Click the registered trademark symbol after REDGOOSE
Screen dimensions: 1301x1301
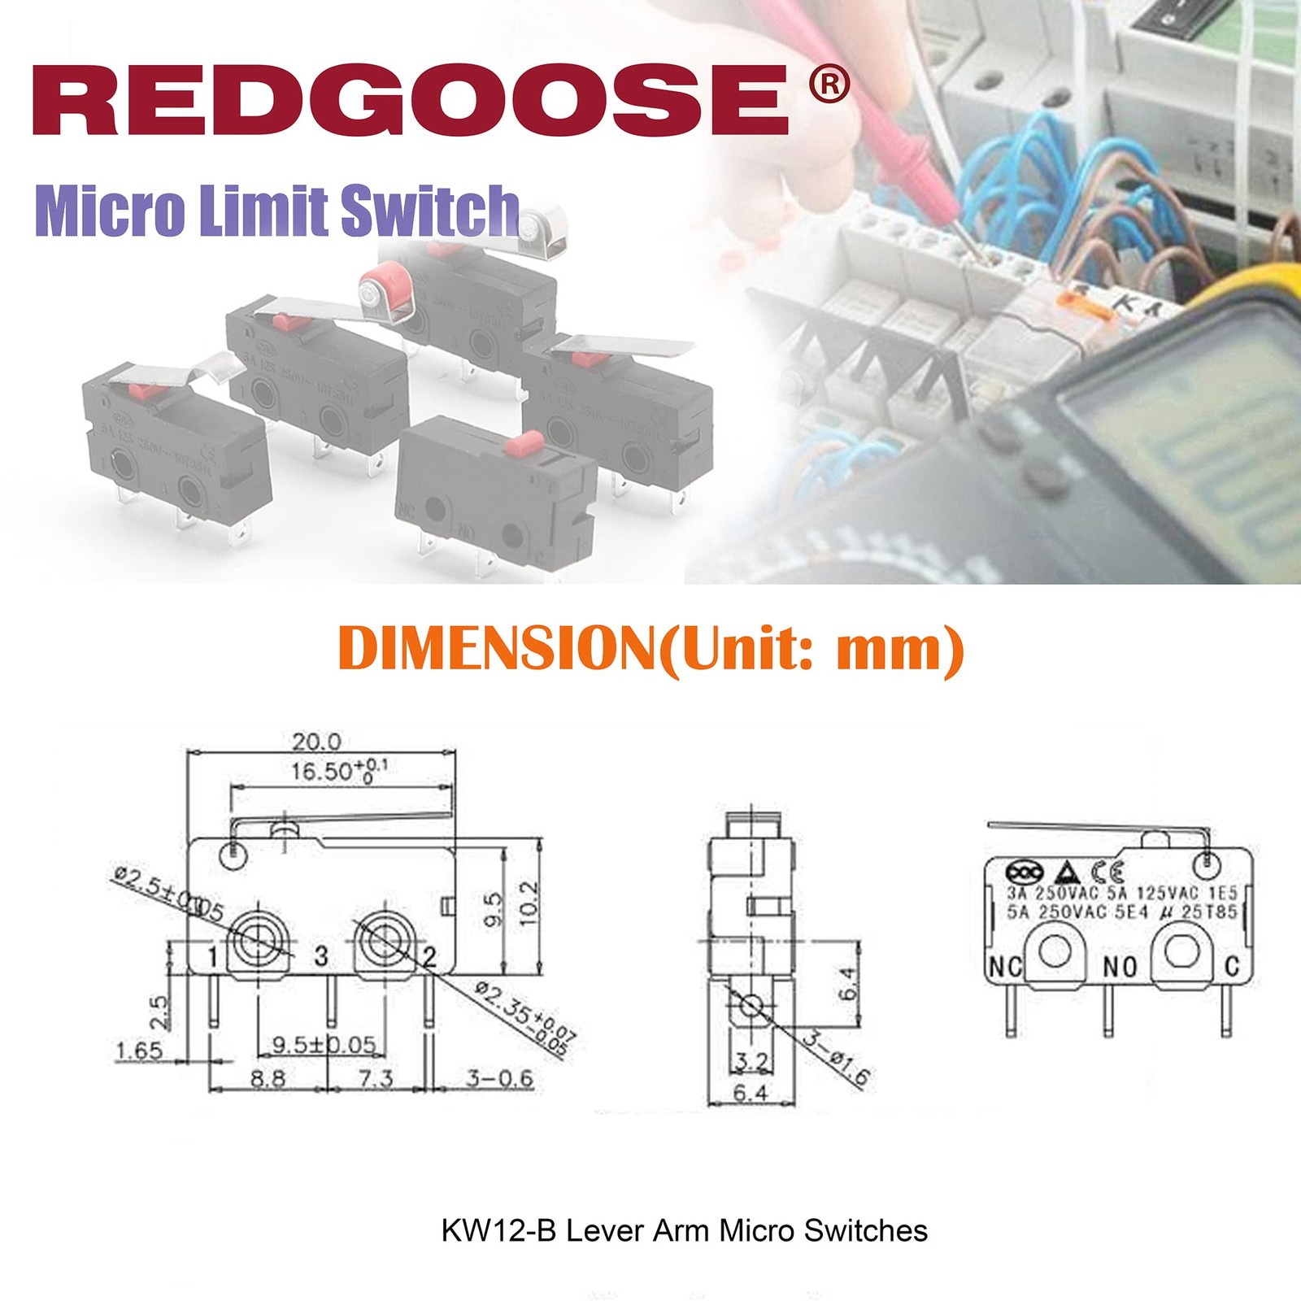(x=829, y=85)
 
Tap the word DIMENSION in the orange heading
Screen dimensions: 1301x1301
(x=496, y=648)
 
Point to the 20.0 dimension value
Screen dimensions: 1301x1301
(x=316, y=742)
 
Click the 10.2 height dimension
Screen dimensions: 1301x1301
(x=529, y=902)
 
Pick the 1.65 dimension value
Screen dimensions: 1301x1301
(x=139, y=1051)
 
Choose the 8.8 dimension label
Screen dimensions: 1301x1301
(x=268, y=1078)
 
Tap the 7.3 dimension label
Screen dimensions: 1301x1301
(x=376, y=1078)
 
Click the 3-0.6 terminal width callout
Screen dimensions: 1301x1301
(x=499, y=1078)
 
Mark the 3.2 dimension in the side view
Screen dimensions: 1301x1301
(x=751, y=1061)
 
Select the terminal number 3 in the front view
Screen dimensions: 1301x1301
(x=321, y=955)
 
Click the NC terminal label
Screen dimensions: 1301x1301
(x=1005, y=967)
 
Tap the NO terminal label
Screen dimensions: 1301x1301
(x=1120, y=967)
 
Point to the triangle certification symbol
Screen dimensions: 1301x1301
(x=1067, y=873)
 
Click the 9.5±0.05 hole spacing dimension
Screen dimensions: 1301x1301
(x=324, y=1044)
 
